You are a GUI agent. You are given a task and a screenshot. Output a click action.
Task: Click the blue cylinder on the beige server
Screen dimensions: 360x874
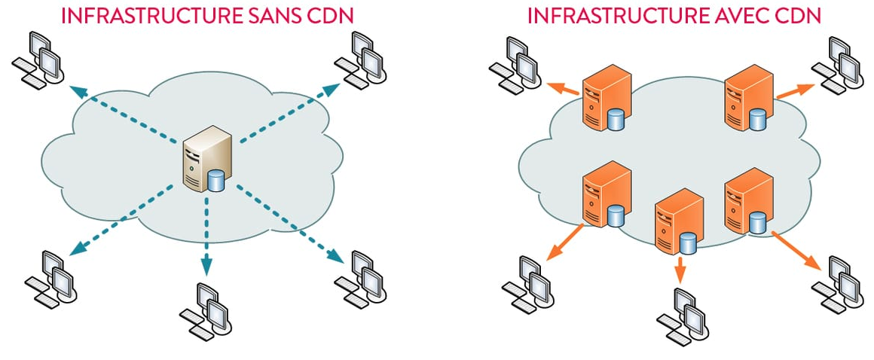[x=216, y=181]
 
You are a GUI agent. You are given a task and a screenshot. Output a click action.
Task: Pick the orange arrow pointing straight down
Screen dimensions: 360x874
[x=680, y=267]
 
